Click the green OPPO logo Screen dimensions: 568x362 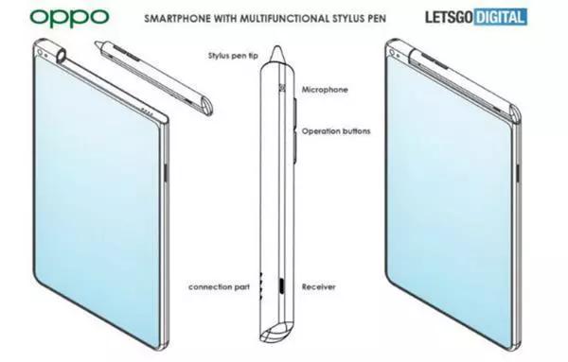tap(69, 18)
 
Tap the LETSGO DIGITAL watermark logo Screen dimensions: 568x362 tap(476, 17)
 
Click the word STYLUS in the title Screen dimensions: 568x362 tap(347, 18)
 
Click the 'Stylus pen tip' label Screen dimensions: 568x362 tap(233, 56)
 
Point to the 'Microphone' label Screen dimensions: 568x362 tap(325, 90)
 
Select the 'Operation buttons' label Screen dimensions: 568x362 tap(336, 131)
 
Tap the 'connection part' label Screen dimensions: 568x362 tap(220, 287)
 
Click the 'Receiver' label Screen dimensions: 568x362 tap(319, 287)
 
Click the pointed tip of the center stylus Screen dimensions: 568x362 tap(277, 46)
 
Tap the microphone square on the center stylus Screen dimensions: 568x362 tap(282, 88)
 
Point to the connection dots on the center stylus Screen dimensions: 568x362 tap(260, 286)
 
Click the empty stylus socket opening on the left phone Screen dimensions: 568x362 tap(62, 56)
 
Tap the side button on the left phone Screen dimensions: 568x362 tap(166, 173)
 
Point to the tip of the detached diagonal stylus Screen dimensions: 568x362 tap(98, 43)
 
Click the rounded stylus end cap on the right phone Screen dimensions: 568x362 tap(516, 113)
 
